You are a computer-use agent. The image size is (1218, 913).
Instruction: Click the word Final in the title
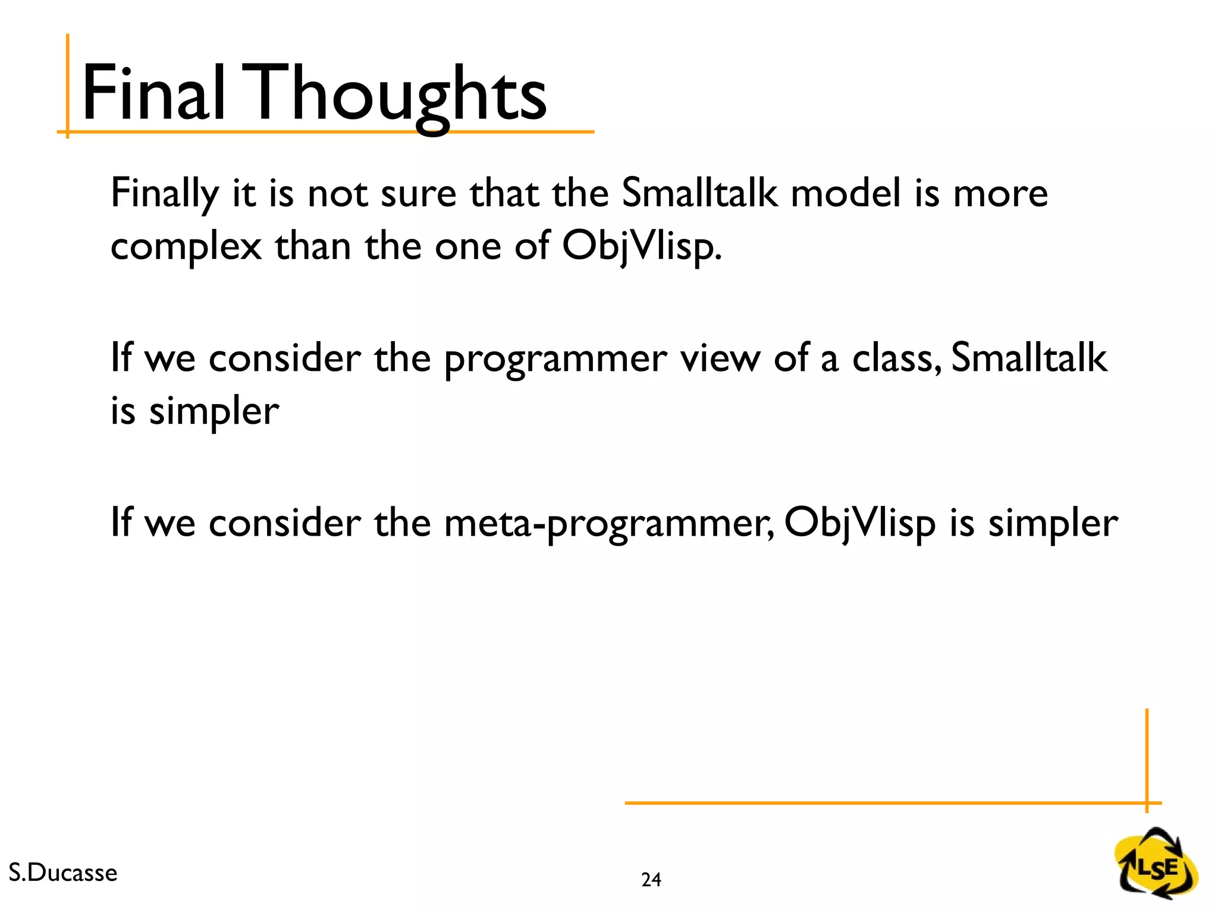153,94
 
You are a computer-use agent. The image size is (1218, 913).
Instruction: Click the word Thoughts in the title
400,95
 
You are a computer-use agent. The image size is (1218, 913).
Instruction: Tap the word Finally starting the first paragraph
165,194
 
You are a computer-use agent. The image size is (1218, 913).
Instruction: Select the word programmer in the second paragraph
555,360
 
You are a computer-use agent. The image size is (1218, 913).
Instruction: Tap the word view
720,358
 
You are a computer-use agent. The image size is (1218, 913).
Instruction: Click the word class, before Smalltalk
896,358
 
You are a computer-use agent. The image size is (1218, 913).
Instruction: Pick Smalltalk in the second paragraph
1029,358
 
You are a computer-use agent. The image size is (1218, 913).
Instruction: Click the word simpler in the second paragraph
214,411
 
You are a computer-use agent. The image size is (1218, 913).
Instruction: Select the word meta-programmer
609,524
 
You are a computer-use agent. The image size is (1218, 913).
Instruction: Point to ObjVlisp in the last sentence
859,524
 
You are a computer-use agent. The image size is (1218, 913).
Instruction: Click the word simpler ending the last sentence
1053,524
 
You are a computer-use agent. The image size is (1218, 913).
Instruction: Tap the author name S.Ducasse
63,873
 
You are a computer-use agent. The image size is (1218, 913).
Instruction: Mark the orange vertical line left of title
68,86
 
